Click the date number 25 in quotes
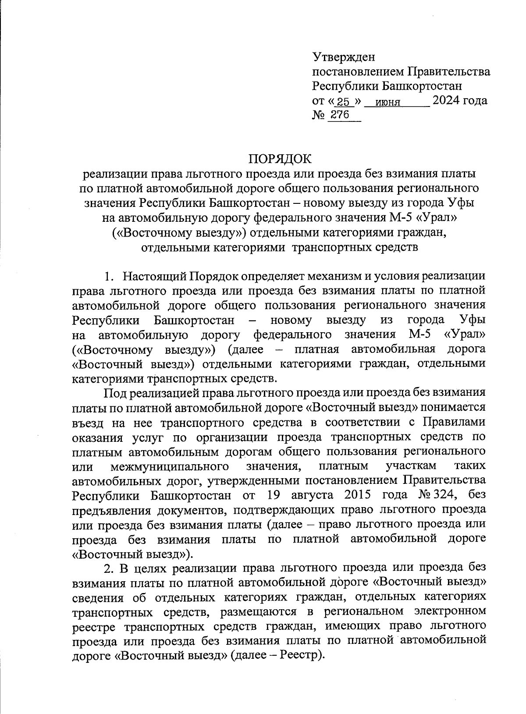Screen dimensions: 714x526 click(x=344, y=102)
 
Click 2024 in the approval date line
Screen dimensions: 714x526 click(x=447, y=101)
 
